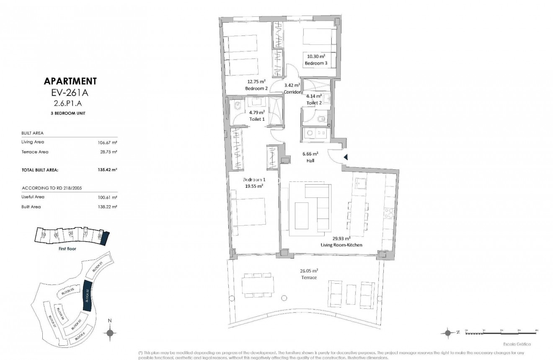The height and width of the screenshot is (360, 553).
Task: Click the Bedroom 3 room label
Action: click(315, 63)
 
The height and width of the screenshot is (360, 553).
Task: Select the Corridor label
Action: click(292, 92)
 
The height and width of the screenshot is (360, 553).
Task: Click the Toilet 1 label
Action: click(257, 119)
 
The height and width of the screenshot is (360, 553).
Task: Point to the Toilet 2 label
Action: click(314, 102)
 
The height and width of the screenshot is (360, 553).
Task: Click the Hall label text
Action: click(310, 161)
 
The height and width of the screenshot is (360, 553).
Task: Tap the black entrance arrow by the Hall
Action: click(346, 157)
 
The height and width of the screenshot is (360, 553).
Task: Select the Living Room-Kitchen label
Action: click(341, 245)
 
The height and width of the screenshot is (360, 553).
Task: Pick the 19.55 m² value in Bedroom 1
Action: click(254, 186)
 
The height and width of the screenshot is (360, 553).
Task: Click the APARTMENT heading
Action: click(70, 81)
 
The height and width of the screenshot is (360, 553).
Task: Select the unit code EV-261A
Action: click(70, 92)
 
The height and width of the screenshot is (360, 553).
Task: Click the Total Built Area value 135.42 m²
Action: click(107, 170)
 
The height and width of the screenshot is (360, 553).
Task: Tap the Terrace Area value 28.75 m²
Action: click(107, 152)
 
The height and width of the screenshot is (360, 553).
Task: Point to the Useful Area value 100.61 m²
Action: click(107, 197)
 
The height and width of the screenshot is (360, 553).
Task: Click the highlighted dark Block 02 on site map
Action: click(88, 295)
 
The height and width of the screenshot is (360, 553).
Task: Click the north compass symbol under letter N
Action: click(110, 333)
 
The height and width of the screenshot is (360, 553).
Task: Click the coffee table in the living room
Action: click(301, 215)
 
